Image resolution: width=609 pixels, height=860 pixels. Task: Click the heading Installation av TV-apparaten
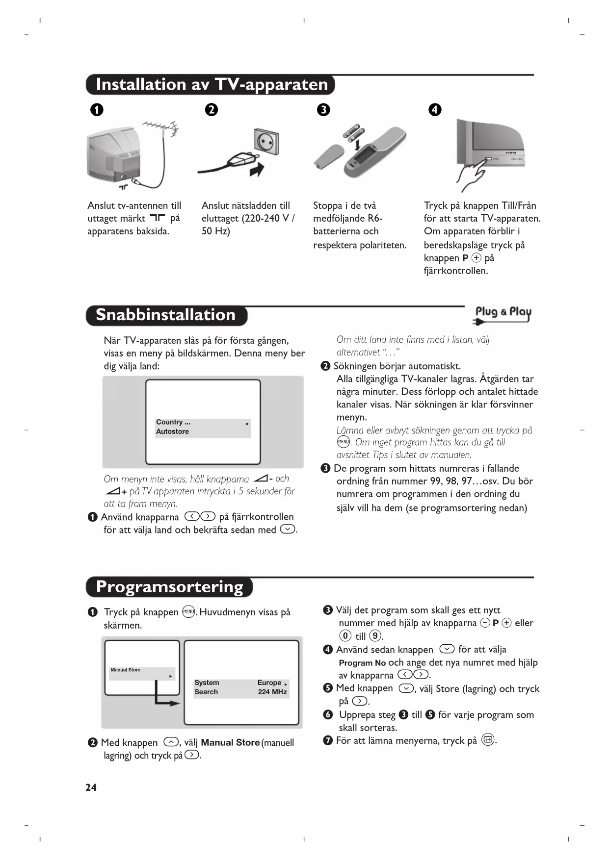coord(212,84)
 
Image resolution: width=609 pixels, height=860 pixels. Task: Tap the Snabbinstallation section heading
coord(165,315)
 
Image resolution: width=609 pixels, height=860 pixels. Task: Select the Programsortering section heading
coord(169,587)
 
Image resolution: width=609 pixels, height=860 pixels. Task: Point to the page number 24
coord(91,787)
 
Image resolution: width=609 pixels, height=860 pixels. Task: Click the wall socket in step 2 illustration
coord(266,142)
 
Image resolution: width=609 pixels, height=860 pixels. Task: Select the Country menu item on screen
coord(173,422)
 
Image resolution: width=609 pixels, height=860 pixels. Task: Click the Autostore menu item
coord(172,431)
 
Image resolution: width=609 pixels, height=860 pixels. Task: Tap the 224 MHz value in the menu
coord(272,692)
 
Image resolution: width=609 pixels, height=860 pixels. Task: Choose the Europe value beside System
coord(269,683)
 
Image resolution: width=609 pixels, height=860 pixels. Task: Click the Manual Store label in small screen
coord(126,670)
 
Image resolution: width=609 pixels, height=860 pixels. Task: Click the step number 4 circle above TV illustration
coord(435,109)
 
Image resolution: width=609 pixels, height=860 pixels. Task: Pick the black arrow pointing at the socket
coord(257,170)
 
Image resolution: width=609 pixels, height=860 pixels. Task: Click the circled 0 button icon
coord(345,636)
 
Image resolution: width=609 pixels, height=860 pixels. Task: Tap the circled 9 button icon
coord(375,636)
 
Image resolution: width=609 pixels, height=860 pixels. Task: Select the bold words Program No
coord(362,663)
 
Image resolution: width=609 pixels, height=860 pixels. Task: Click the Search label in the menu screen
coord(206,692)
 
